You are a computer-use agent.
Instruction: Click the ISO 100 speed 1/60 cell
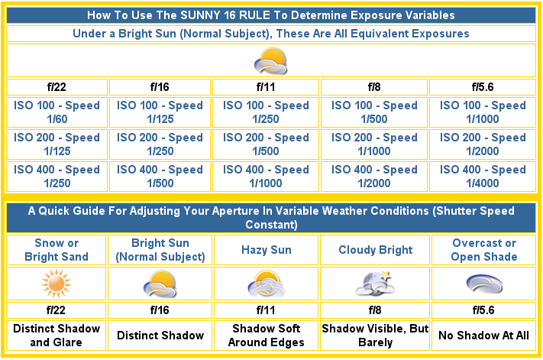tap(57, 112)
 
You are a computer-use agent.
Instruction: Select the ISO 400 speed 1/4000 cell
tap(483, 177)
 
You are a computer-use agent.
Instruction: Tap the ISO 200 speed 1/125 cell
tap(57, 144)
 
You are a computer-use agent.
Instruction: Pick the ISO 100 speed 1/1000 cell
tap(483, 112)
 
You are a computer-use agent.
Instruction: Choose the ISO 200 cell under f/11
tap(266, 144)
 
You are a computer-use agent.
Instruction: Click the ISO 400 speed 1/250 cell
tap(57, 177)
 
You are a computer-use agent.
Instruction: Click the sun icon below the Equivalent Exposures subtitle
tap(270, 61)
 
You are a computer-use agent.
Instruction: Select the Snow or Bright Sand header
tap(57, 250)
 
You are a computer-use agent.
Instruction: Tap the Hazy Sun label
tap(267, 250)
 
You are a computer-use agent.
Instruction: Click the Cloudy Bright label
tap(376, 250)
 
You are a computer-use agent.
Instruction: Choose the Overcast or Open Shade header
tap(483, 250)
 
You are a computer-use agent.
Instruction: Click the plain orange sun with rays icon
tap(57, 284)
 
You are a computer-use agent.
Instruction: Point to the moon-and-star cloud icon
tap(376, 284)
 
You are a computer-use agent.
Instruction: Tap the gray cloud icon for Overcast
tap(484, 284)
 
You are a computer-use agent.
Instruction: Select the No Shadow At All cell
tap(483, 336)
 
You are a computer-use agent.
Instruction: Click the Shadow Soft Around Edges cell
tap(266, 336)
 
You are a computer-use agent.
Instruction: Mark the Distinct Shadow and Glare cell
tap(57, 336)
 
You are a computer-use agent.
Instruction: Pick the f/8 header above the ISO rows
tap(374, 87)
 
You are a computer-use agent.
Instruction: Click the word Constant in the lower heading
tap(271, 225)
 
